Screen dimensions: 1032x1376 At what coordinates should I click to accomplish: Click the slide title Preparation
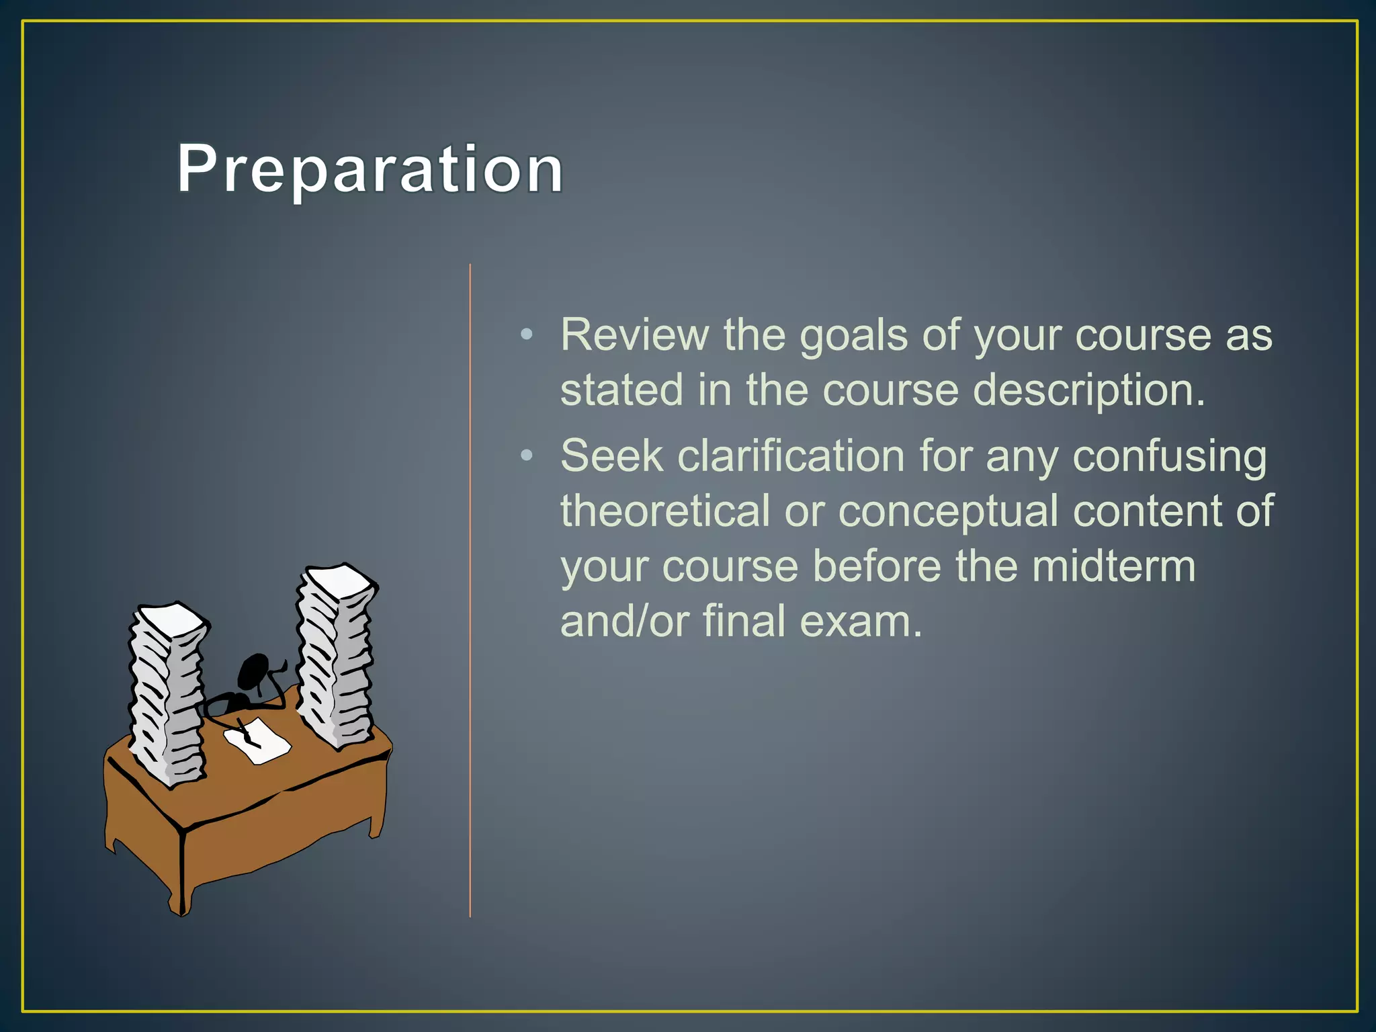pyautogui.click(x=370, y=169)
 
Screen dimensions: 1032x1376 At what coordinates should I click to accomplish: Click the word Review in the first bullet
pyautogui.click(x=634, y=335)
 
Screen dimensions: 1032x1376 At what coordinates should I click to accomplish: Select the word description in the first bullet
pyautogui.click(x=1088, y=391)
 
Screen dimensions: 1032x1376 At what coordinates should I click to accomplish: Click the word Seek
pyautogui.click(x=611, y=456)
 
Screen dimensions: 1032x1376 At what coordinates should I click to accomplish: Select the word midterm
pyautogui.click(x=1113, y=566)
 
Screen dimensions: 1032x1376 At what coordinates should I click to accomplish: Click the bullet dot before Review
pyautogui.click(x=527, y=334)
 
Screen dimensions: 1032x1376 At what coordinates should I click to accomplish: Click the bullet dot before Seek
pyautogui.click(x=527, y=456)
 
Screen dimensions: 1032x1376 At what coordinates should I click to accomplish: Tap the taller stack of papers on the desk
pyautogui.click(x=335, y=655)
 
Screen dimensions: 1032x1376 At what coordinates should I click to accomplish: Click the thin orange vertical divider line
pyautogui.click(x=470, y=591)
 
